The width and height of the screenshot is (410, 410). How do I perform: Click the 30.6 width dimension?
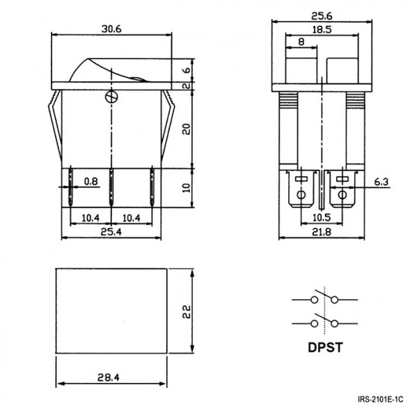(x=112, y=30)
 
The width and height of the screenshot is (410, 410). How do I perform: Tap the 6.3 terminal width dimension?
(x=381, y=182)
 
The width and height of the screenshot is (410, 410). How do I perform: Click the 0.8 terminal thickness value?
(x=91, y=182)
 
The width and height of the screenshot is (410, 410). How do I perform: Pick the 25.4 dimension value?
(x=111, y=232)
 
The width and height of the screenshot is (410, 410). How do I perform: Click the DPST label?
(x=324, y=348)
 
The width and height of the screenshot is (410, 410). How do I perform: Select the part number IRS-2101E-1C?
(x=379, y=400)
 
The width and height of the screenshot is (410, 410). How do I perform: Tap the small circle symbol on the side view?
(x=111, y=97)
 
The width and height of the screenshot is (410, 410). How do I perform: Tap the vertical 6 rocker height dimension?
(x=186, y=71)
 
